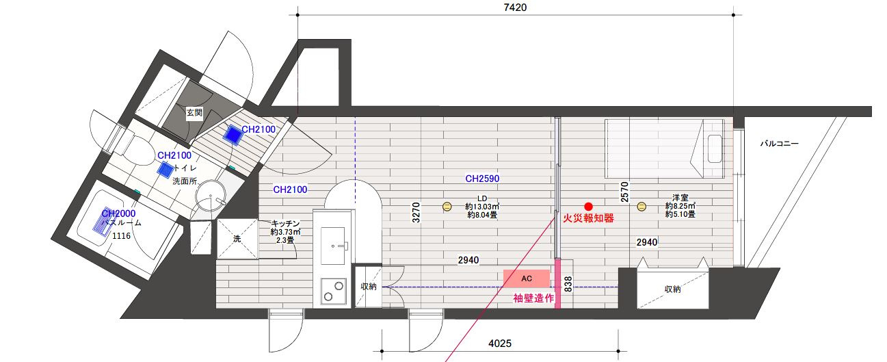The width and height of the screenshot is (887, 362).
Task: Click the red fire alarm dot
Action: pyautogui.click(x=587, y=206)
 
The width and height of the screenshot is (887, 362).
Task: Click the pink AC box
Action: pyautogui.click(x=527, y=278)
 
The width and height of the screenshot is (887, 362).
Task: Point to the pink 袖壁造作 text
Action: pyautogui.click(x=533, y=298)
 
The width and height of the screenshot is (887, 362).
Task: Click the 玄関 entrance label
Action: pyautogui.click(x=194, y=112)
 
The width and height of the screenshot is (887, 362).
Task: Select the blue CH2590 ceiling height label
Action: pyautogui.click(x=482, y=179)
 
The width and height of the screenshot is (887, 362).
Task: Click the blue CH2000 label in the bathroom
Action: pyautogui.click(x=116, y=214)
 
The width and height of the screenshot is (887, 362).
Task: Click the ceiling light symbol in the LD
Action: pyautogui.click(x=447, y=206)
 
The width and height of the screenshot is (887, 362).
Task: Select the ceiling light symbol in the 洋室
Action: pyautogui.click(x=641, y=206)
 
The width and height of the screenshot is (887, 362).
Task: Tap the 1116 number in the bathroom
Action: pyautogui.click(x=121, y=236)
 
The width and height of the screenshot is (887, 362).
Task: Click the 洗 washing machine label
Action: pyautogui.click(x=237, y=239)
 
